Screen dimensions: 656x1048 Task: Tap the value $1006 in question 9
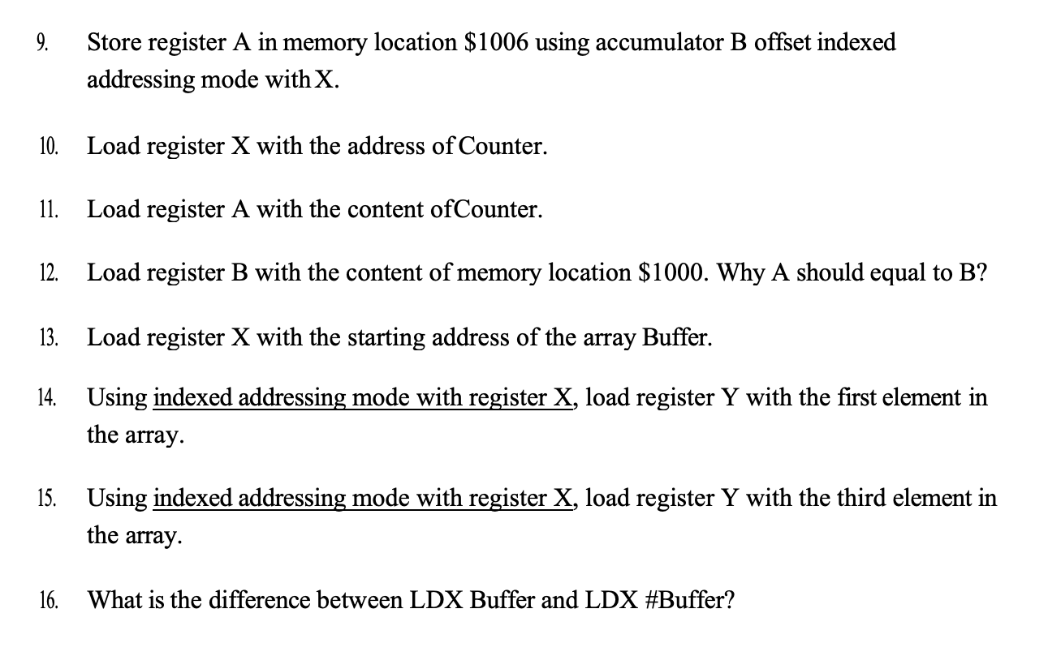tap(497, 42)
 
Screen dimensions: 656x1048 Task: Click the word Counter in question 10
tap(505, 147)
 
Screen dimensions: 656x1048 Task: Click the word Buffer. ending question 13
tap(677, 337)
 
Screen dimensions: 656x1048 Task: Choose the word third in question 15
tap(842, 498)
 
